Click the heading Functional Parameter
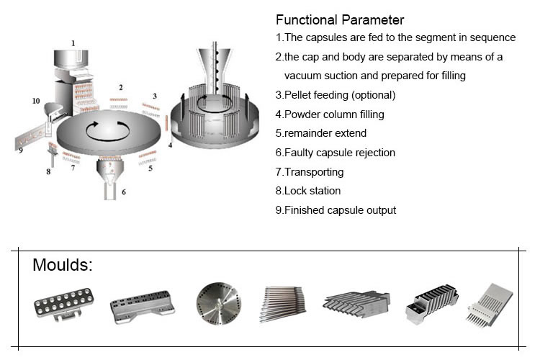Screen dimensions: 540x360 coord(340,19)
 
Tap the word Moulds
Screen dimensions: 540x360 coord(63,265)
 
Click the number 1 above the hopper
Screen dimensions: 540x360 coord(73,43)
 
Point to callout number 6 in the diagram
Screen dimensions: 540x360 coord(124,192)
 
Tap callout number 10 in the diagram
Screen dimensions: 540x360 coord(35,102)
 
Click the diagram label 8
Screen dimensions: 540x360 coord(48,171)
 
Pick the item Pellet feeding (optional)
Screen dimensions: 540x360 coord(336,94)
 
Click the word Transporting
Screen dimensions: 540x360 coord(313,172)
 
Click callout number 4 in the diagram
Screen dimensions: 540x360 coord(171,145)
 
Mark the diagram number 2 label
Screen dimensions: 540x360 coord(120,87)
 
